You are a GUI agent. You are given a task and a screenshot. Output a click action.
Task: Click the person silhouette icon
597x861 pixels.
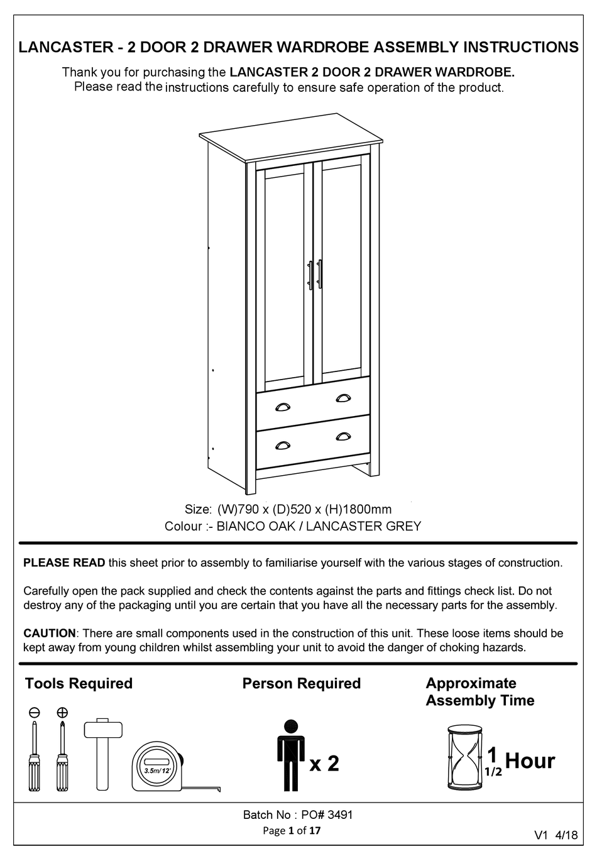coord(290,755)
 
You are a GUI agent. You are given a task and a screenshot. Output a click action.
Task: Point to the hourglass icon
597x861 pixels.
coord(464,757)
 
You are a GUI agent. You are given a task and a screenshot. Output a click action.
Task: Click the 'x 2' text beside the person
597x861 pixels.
coord(324,764)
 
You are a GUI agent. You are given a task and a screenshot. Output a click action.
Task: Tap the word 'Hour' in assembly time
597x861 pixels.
coord(530,761)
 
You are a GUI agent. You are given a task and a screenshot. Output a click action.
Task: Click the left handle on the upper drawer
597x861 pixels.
coord(282,405)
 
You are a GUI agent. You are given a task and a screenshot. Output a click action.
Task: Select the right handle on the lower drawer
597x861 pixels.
coord(343,436)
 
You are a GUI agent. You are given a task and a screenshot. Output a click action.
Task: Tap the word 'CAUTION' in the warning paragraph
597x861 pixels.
coord(49,633)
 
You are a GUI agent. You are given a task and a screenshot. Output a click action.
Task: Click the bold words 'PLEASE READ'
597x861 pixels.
coord(64,563)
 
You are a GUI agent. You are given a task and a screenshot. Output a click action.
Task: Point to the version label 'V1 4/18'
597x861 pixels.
coord(556,835)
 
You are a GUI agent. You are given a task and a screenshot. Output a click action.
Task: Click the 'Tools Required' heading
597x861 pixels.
coord(79,684)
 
